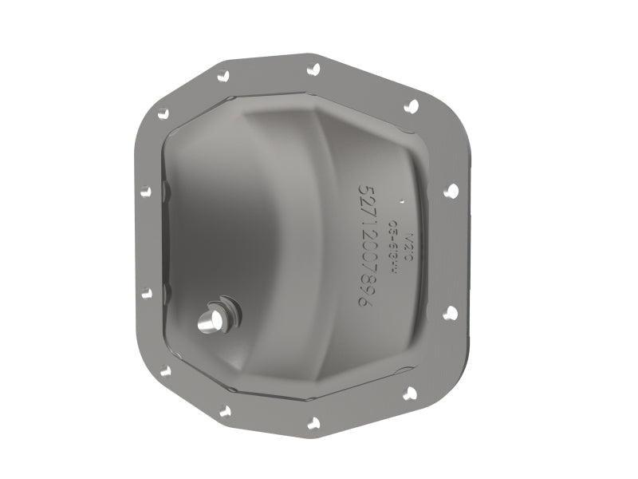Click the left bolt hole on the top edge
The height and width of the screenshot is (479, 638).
[x=224, y=75]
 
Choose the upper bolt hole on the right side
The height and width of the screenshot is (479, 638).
[x=451, y=191]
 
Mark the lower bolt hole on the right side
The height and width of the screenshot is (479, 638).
[x=450, y=312]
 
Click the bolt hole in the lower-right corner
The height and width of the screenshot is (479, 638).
[x=410, y=392]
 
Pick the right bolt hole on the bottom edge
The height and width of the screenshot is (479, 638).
[x=313, y=423]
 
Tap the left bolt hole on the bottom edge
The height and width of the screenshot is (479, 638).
[x=224, y=412]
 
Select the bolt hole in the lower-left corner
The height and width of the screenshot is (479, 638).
[x=164, y=370]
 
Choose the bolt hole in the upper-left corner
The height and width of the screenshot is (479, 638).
[x=163, y=113]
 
